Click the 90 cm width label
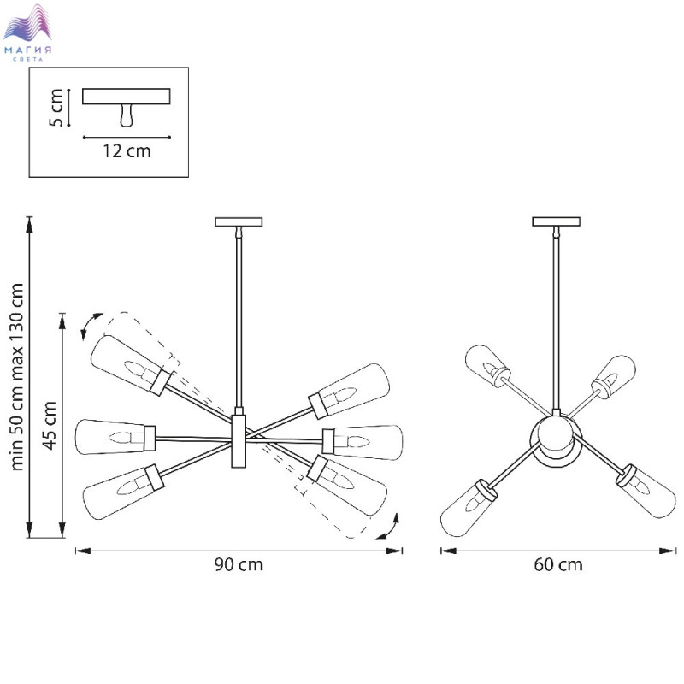click(239, 564)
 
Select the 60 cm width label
click(558, 564)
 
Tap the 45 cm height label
click(50, 425)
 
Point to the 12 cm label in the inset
click(127, 151)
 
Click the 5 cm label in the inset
click(56, 108)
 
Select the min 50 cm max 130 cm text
click(16, 376)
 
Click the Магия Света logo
click(27, 32)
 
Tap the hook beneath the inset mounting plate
click(126, 115)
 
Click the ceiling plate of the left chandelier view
click(239, 222)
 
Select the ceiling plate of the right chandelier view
click(557, 221)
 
